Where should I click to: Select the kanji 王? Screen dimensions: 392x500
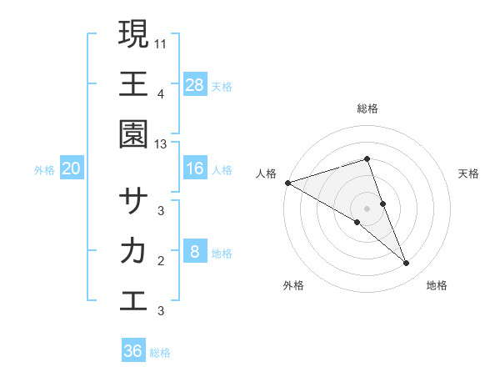[133, 83]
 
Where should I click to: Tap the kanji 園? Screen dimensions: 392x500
[133, 133]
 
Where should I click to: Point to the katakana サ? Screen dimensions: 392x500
[133, 200]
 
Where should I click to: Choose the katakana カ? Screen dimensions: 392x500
[133, 250]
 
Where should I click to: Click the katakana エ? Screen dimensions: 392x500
[133, 300]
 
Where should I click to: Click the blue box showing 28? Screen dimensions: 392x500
[195, 84]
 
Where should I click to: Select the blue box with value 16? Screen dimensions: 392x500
[195, 168]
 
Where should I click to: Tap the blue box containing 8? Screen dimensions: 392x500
[195, 252]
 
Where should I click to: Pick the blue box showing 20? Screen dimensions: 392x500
[71, 168]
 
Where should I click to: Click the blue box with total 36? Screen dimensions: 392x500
[133, 351]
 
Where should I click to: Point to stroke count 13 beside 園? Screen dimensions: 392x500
[161, 144]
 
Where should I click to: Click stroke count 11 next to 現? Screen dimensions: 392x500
[161, 41]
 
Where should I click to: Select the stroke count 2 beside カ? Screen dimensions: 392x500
[161, 261]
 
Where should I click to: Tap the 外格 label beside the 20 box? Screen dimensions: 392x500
[44, 169]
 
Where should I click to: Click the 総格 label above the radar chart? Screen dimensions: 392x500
[367, 108]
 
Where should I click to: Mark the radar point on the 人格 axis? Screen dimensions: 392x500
[287, 182]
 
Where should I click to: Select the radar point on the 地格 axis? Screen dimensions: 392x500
[407, 264]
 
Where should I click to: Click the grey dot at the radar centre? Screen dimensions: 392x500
[367, 208]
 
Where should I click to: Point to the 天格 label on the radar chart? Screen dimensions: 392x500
[468, 173]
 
